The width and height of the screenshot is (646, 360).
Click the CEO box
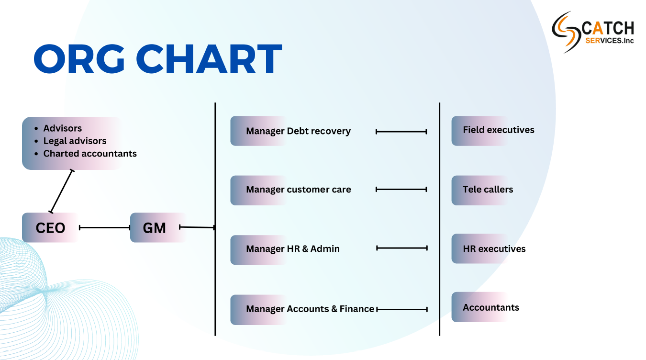coord(50,227)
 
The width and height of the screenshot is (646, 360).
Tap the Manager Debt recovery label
coord(298,131)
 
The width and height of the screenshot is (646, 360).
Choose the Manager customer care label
coord(299,190)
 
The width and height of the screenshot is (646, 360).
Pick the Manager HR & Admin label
coord(293,248)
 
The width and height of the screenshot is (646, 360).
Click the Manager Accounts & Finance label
coord(310,309)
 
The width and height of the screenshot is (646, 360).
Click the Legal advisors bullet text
coord(75,141)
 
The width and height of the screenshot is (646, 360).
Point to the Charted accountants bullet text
coord(90,154)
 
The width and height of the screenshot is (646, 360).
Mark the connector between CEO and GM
coord(105,227)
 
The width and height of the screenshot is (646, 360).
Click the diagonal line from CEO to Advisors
coord(61,191)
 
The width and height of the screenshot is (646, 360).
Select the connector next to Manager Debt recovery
coord(401,132)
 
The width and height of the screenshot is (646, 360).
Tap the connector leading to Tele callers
coord(401,189)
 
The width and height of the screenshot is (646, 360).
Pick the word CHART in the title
coord(209,59)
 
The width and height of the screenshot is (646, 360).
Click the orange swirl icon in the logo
coord(566,32)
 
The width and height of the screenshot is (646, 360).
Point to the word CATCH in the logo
coord(608,28)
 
